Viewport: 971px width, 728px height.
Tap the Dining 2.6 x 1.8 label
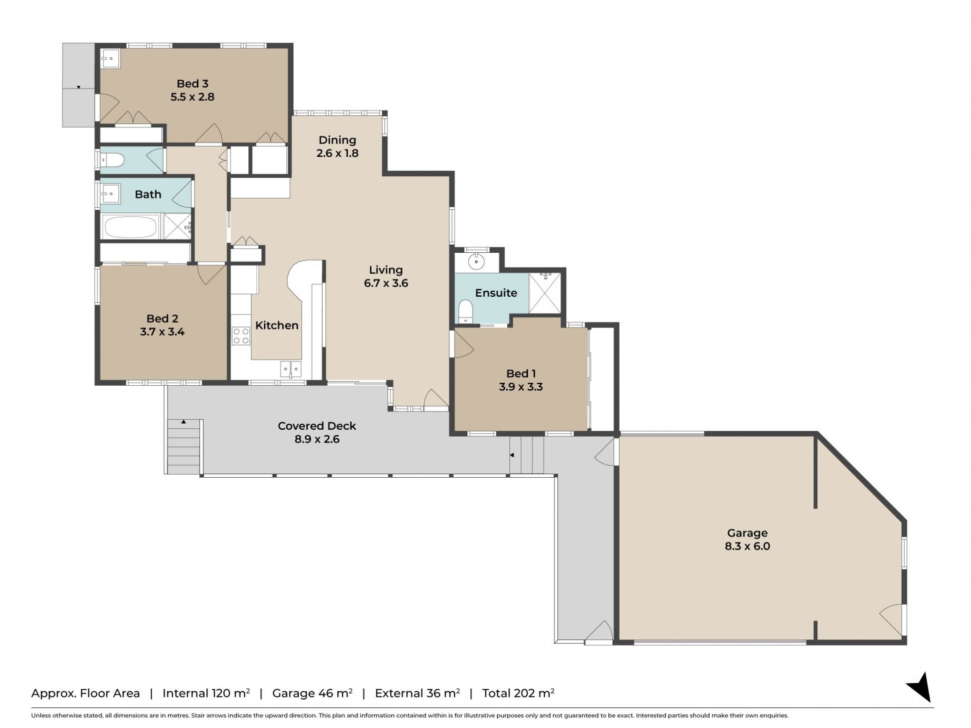(337, 147)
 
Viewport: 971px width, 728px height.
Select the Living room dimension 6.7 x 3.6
(386, 283)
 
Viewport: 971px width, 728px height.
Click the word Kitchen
(277, 326)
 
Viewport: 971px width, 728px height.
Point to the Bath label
(148, 195)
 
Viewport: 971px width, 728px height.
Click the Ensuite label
(496, 293)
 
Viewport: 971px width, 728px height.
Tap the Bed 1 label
(521, 374)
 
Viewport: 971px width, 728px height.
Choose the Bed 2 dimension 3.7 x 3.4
(162, 332)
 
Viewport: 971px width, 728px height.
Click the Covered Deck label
(317, 426)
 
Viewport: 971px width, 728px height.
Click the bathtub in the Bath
(130, 227)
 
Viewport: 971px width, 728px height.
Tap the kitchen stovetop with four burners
(241, 336)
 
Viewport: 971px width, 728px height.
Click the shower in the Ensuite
(545, 293)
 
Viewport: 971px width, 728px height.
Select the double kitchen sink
(291, 369)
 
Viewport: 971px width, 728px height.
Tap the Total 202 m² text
(518, 693)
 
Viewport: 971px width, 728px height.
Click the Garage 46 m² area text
(312, 693)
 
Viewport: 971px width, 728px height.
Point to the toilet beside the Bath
(113, 161)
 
